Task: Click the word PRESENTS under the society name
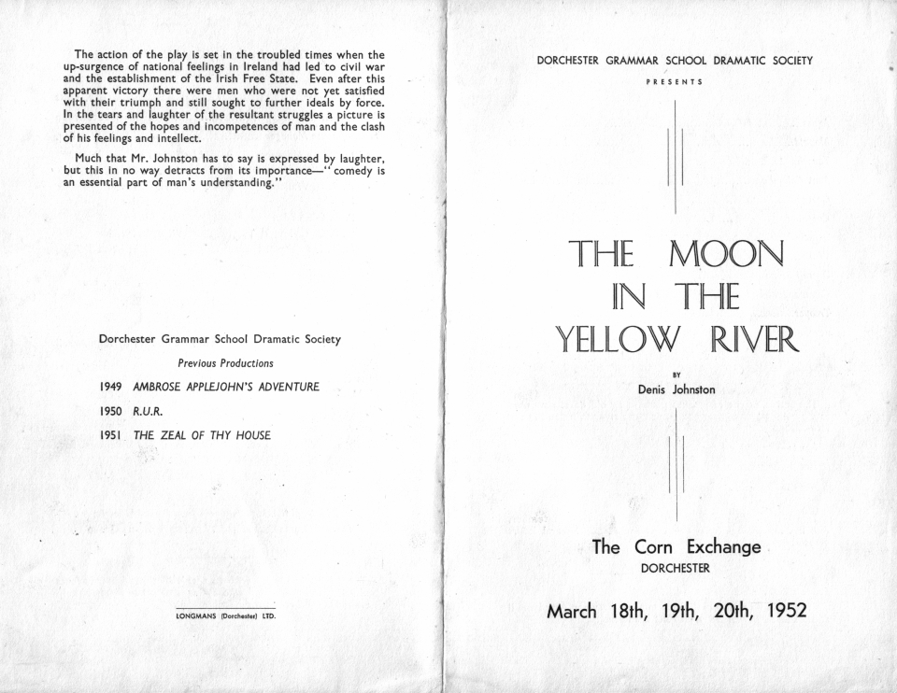click(x=675, y=81)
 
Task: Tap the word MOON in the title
click(x=725, y=254)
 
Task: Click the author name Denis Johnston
click(x=676, y=389)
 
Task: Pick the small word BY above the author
click(x=676, y=375)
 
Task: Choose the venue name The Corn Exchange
click(x=676, y=547)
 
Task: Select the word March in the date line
click(x=572, y=612)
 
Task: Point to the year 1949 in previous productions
click(x=112, y=386)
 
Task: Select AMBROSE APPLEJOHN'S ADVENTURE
click(x=226, y=386)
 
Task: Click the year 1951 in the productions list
click(x=112, y=434)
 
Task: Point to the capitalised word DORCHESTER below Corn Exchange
click(x=676, y=568)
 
